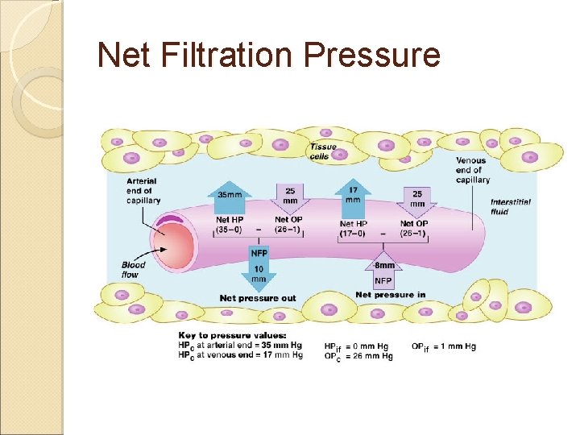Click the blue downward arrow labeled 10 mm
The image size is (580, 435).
[x=259, y=270]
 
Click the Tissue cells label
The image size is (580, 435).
[x=322, y=151]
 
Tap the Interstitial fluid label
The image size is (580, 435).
[x=510, y=206]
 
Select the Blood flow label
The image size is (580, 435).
[x=133, y=269]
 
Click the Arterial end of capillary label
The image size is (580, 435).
[x=143, y=191]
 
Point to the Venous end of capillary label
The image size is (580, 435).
[x=471, y=170]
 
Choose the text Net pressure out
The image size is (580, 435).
[x=258, y=298]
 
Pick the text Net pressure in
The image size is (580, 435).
[x=390, y=295]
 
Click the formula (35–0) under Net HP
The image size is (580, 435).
[x=230, y=230]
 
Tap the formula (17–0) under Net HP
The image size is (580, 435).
[x=353, y=233]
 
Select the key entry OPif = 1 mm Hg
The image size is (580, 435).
[x=444, y=346]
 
